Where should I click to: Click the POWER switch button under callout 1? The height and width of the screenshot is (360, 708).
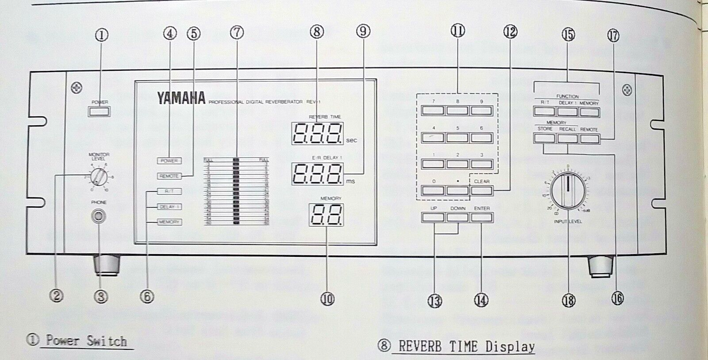pos(99,111)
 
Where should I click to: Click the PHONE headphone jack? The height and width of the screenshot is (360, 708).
pos(99,217)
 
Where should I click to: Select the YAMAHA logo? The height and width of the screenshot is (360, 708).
pos(181,98)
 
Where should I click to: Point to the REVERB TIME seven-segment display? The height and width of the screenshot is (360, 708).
pos(317,132)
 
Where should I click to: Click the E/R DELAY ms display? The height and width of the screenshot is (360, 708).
pos(317,174)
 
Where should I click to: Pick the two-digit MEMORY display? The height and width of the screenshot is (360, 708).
pos(326,215)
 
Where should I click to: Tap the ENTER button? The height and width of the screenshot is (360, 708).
pos(481,217)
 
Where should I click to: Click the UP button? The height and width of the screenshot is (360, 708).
pos(433,217)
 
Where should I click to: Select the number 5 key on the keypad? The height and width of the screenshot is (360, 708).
pos(457,138)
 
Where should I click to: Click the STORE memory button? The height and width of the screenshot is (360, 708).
pos(544,139)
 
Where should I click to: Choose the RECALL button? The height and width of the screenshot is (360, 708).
pos(568,139)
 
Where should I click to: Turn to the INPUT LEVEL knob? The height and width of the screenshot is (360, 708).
pos(568,191)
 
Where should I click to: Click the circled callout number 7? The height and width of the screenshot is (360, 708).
pos(237,32)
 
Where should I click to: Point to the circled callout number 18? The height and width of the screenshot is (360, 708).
pos(569,301)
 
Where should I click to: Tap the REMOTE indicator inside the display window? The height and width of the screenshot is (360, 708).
pos(169,176)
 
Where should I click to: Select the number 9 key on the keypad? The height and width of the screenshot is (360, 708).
pos(481,111)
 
